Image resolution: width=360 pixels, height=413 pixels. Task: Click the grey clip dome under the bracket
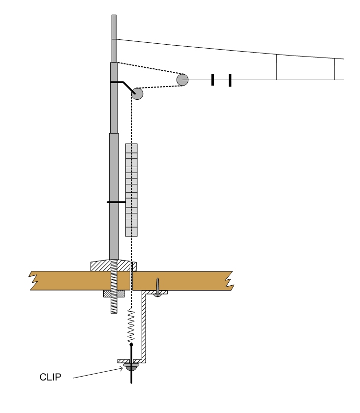coord(131,366)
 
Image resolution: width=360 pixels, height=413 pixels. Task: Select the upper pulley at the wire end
coord(182,80)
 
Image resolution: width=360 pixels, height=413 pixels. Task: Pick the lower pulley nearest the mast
coord(137,94)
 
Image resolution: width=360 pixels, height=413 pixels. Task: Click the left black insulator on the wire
coord(212,80)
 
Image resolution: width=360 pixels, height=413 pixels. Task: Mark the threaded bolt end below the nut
coord(114,305)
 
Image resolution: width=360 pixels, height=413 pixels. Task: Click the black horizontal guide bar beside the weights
coord(117,202)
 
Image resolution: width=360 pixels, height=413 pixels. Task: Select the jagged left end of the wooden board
coord(33,280)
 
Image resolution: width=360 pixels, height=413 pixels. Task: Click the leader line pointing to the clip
coord(98,374)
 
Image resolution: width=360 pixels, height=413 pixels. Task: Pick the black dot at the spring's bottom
coord(131,345)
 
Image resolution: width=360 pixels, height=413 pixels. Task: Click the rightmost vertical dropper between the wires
coord(334,69)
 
